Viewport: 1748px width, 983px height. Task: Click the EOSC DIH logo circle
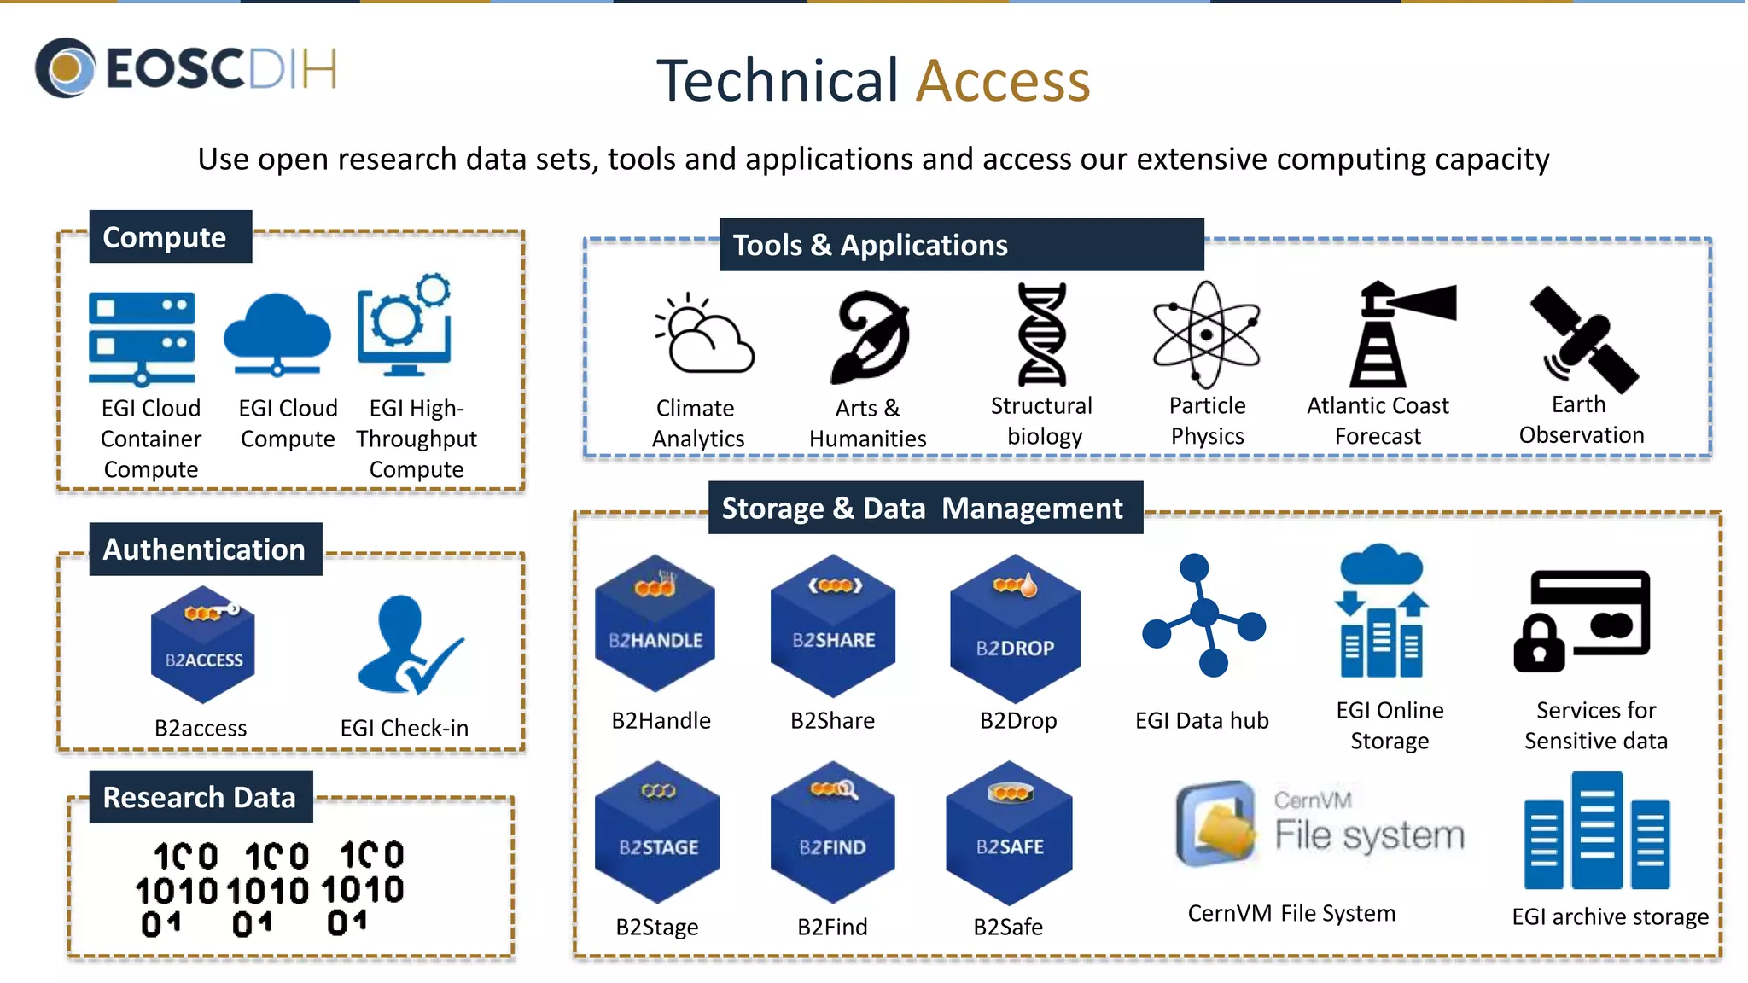click(x=65, y=67)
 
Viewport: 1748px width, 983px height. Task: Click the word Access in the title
click(x=1003, y=81)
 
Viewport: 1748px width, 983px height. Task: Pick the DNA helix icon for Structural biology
click(x=1041, y=334)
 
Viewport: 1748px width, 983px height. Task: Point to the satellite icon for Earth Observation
click(x=1584, y=340)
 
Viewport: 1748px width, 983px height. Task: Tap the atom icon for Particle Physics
click(x=1206, y=334)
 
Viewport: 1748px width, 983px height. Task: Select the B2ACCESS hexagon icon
click(x=202, y=646)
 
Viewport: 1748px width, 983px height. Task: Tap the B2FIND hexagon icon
click(x=832, y=833)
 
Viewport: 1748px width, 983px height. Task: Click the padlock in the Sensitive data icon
click(x=1539, y=644)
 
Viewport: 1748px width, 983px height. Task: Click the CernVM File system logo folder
click(x=1217, y=823)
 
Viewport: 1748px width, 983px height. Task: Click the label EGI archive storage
click(x=1610, y=916)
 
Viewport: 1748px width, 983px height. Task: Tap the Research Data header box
click(x=201, y=797)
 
